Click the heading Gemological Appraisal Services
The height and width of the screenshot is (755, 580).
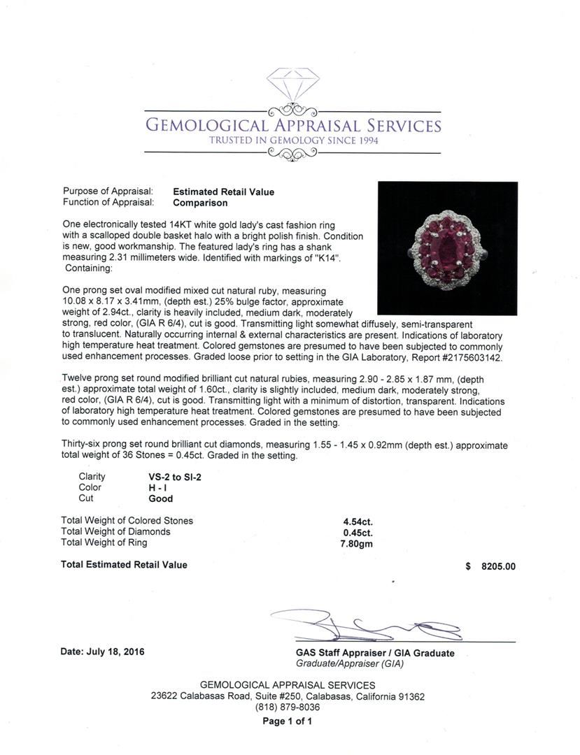(x=292, y=126)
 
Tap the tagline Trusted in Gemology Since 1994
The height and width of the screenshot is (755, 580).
(x=292, y=141)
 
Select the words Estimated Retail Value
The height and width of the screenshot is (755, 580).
(x=223, y=192)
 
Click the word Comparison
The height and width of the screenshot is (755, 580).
(x=200, y=203)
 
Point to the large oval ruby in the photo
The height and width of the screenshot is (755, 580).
(x=448, y=250)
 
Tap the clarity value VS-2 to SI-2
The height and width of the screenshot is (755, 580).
(x=174, y=476)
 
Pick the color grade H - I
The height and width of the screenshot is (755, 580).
(x=157, y=487)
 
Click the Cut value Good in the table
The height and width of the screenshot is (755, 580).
(x=160, y=498)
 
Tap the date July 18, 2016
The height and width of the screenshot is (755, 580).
(x=103, y=652)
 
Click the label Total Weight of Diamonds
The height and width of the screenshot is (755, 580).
(x=115, y=531)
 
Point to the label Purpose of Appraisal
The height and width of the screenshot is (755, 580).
(x=108, y=192)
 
